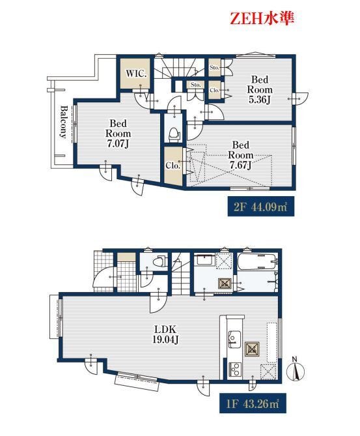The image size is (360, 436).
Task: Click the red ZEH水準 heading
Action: (262, 19)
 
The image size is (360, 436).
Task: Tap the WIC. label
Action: (136, 74)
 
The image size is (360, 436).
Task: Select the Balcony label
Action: (64, 121)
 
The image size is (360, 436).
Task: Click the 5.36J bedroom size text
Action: (260, 100)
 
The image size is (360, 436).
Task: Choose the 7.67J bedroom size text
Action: (240, 165)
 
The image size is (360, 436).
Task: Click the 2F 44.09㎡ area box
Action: (261, 207)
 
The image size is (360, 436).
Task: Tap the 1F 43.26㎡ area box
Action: (253, 403)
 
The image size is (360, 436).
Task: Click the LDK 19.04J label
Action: (165, 334)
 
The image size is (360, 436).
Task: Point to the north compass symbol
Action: (296, 369)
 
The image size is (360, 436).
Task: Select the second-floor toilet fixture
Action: (174, 134)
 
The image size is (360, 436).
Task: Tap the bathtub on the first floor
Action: (257, 261)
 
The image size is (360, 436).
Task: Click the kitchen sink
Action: (234, 339)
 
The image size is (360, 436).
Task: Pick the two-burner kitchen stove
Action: (235, 370)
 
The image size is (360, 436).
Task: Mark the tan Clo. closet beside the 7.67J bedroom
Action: (174, 166)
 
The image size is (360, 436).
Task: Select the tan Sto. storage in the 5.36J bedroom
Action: (215, 66)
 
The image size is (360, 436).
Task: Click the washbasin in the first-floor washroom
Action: (204, 261)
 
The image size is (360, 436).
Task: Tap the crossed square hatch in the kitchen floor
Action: (252, 349)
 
